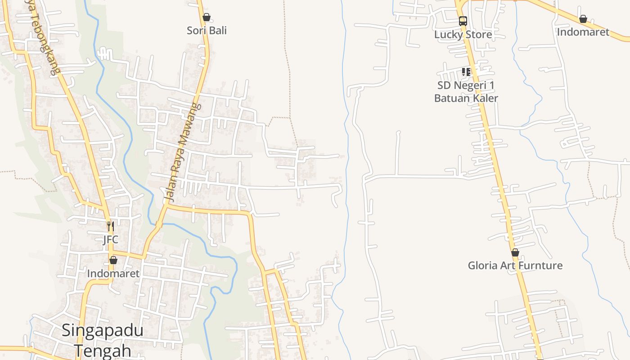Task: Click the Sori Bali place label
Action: pyautogui.click(x=207, y=31)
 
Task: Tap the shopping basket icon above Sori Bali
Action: pyautogui.click(x=206, y=18)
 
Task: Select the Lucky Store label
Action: pyautogui.click(x=463, y=34)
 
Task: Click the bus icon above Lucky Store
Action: pyautogui.click(x=463, y=21)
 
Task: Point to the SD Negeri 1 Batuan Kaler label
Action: pyautogui.click(x=466, y=91)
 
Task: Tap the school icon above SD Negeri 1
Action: pyautogui.click(x=466, y=72)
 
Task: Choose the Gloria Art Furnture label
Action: pyautogui.click(x=515, y=265)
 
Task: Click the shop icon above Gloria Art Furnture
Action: pyautogui.click(x=515, y=252)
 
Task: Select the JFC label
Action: pyautogui.click(x=110, y=239)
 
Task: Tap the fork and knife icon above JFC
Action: pyautogui.click(x=110, y=226)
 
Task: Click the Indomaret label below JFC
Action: pyautogui.click(x=113, y=273)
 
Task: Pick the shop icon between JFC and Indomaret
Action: pyautogui.click(x=113, y=260)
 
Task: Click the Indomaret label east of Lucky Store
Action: pyautogui.click(x=583, y=32)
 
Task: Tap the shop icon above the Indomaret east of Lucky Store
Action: pyautogui.click(x=583, y=19)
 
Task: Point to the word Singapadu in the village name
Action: pyautogui.click(x=102, y=330)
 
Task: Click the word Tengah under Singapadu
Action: pyautogui.click(x=102, y=350)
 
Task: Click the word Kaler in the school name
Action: pyautogui.click(x=483, y=98)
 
